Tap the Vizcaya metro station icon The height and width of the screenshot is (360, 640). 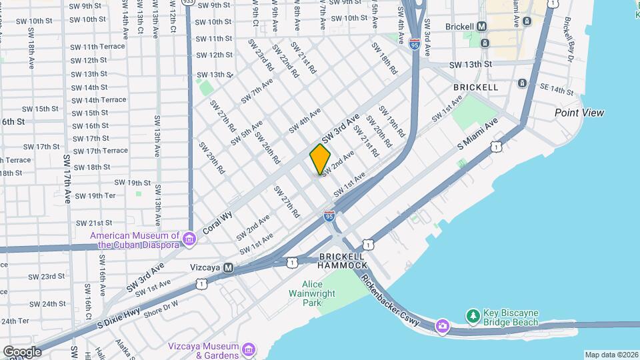228,267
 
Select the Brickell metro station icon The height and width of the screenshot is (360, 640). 481,26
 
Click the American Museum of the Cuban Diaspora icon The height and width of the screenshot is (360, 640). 189,239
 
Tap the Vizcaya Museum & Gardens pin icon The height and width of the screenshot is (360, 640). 248,349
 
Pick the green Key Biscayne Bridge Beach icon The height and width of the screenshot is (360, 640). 473,315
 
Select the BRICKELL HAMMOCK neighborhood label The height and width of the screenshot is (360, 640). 342,261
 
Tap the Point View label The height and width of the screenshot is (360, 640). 579,113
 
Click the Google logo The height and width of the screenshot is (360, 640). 21,351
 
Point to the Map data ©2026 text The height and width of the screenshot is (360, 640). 611,355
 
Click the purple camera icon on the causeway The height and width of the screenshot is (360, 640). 442,325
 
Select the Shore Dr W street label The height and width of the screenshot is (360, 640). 161,306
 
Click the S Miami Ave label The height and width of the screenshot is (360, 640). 477,134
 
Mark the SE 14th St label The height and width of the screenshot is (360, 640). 556,90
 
